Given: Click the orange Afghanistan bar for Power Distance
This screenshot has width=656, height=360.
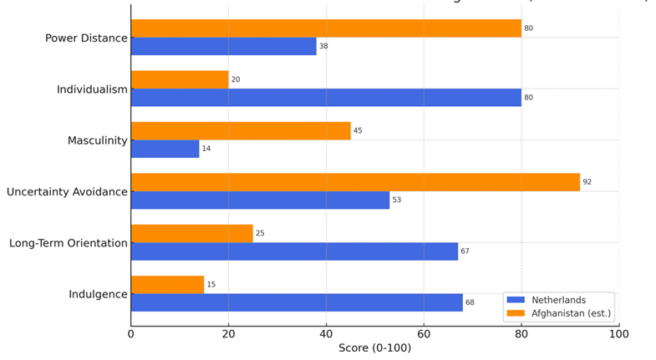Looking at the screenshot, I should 326,28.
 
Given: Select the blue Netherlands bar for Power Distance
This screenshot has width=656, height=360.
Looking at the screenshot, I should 224,47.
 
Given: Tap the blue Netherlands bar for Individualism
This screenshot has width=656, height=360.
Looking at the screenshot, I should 326,98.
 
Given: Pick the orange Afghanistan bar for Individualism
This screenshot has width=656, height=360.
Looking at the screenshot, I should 180,79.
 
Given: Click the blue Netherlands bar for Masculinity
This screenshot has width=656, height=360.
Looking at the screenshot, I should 165,149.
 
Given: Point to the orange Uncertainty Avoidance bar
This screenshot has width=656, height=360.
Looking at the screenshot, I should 355,182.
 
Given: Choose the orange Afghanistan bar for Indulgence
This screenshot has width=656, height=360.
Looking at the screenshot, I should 167,285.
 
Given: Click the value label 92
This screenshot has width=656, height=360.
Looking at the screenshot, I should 587,182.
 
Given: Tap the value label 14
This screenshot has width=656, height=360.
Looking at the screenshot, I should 206,149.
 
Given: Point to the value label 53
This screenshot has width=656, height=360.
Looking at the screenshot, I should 397,200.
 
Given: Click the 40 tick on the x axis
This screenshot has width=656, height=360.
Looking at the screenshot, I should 326,334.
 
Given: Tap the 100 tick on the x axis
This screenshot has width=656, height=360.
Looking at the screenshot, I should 618,334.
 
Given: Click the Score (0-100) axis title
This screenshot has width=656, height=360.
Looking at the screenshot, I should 374,348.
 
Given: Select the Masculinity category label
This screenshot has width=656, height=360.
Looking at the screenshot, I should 98,140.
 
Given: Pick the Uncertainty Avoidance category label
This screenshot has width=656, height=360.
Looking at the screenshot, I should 67,192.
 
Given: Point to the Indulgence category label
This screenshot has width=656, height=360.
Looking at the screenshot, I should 99,294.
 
